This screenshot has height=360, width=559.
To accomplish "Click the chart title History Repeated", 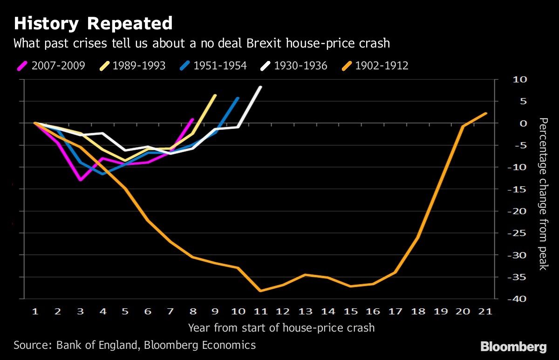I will (93, 23).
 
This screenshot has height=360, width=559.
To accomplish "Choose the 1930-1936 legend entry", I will (293, 66).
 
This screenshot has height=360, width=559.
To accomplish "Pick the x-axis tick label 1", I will (35, 312).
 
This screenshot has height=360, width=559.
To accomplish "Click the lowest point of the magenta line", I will (81, 180).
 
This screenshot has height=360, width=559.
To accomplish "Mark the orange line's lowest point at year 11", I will (260, 291).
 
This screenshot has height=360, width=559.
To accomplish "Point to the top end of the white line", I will (260, 87).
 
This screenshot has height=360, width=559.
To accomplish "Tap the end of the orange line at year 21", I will (486, 113).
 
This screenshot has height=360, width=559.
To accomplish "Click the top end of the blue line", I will (238, 98).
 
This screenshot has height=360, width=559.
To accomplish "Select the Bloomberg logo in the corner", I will (513, 346).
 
